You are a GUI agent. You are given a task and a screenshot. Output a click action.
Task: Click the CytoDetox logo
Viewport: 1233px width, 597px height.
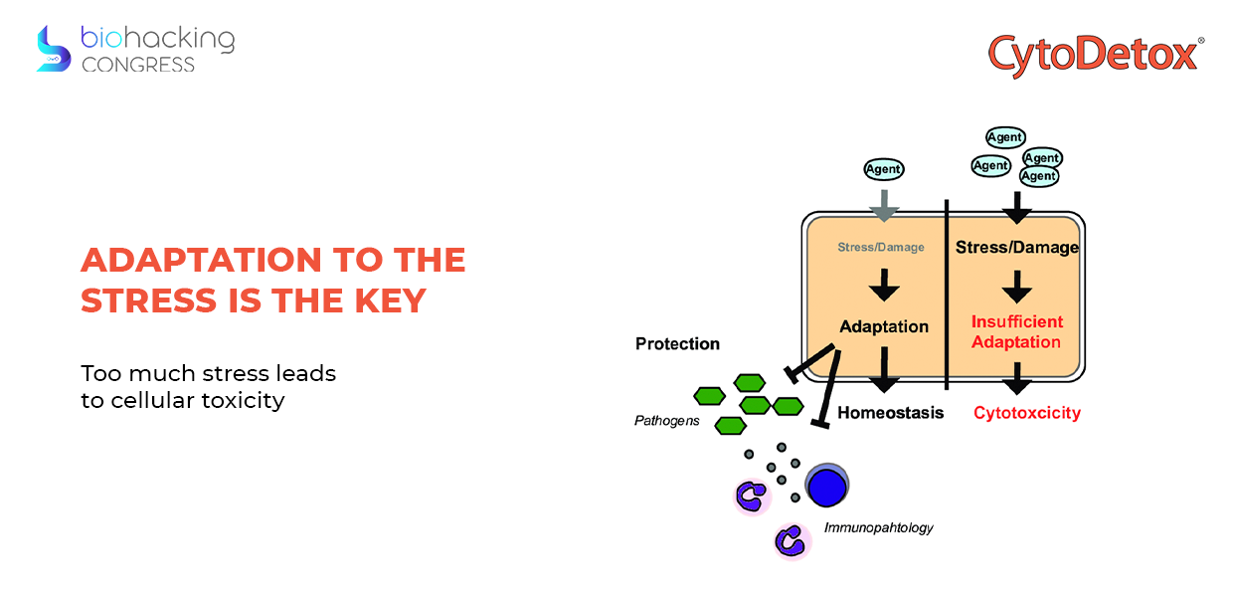[x=1096, y=55]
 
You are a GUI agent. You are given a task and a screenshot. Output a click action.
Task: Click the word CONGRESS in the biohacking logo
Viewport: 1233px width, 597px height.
[x=138, y=65]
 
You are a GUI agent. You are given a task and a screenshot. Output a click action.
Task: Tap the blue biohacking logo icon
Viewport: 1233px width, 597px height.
[x=54, y=49]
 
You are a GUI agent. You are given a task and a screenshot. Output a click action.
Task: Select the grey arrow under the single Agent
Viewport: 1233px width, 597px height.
[x=884, y=206]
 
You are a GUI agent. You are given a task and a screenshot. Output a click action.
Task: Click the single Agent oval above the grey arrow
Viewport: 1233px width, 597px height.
[x=883, y=169]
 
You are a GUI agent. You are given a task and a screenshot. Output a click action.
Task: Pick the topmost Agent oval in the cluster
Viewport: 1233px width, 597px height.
[x=1005, y=137]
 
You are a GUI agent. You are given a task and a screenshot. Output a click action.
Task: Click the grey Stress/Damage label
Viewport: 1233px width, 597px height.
[x=881, y=248]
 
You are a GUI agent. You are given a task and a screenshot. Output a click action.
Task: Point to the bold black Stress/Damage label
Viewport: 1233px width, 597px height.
[x=1016, y=248]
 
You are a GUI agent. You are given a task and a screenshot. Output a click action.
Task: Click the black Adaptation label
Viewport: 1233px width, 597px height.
[x=884, y=326]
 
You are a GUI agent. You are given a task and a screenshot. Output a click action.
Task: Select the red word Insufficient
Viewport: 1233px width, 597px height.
[x=1017, y=321]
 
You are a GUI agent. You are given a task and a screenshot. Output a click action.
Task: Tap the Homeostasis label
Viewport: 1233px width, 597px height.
[x=891, y=413]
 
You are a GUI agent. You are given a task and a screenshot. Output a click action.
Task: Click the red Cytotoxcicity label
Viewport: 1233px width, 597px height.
[x=1027, y=413]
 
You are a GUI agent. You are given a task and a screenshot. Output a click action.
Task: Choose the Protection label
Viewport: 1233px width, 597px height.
[x=677, y=343]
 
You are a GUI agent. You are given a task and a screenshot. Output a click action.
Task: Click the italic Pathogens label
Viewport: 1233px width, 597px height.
[x=666, y=421]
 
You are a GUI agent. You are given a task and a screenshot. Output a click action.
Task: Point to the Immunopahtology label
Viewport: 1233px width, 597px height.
[x=879, y=527]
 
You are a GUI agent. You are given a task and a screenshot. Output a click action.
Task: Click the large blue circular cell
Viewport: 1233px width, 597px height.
[x=826, y=486]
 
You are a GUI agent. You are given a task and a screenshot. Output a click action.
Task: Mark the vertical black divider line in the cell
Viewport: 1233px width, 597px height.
[x=947, y=295]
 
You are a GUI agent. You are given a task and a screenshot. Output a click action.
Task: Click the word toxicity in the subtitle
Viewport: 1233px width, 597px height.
[x=243, y=400]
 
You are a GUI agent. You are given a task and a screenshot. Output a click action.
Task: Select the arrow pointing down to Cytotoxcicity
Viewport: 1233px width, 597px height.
[x=1017, y=378]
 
